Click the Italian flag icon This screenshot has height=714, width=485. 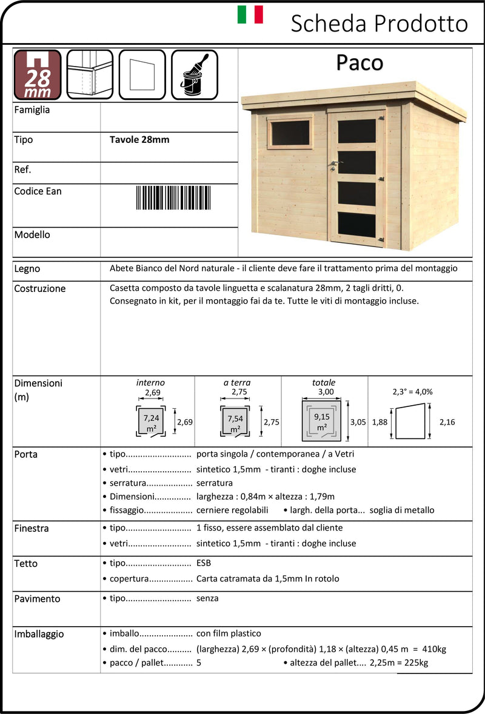point(250,15)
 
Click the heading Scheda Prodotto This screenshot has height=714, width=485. point(379,24)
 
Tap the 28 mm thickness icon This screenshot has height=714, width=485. point(38,74)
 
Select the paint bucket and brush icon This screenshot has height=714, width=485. point(194,74)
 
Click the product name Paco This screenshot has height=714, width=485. point(360,62)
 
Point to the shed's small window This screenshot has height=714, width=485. point(290,133)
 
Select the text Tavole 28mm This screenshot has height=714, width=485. point(139,139)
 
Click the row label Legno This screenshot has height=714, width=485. point(27,268)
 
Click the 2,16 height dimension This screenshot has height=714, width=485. point(447,422)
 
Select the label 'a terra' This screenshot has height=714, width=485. point(237,383)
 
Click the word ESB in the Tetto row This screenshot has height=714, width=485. point(204,563)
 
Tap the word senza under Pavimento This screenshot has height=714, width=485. point(207,598)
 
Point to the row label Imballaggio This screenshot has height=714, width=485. point(39,634)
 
